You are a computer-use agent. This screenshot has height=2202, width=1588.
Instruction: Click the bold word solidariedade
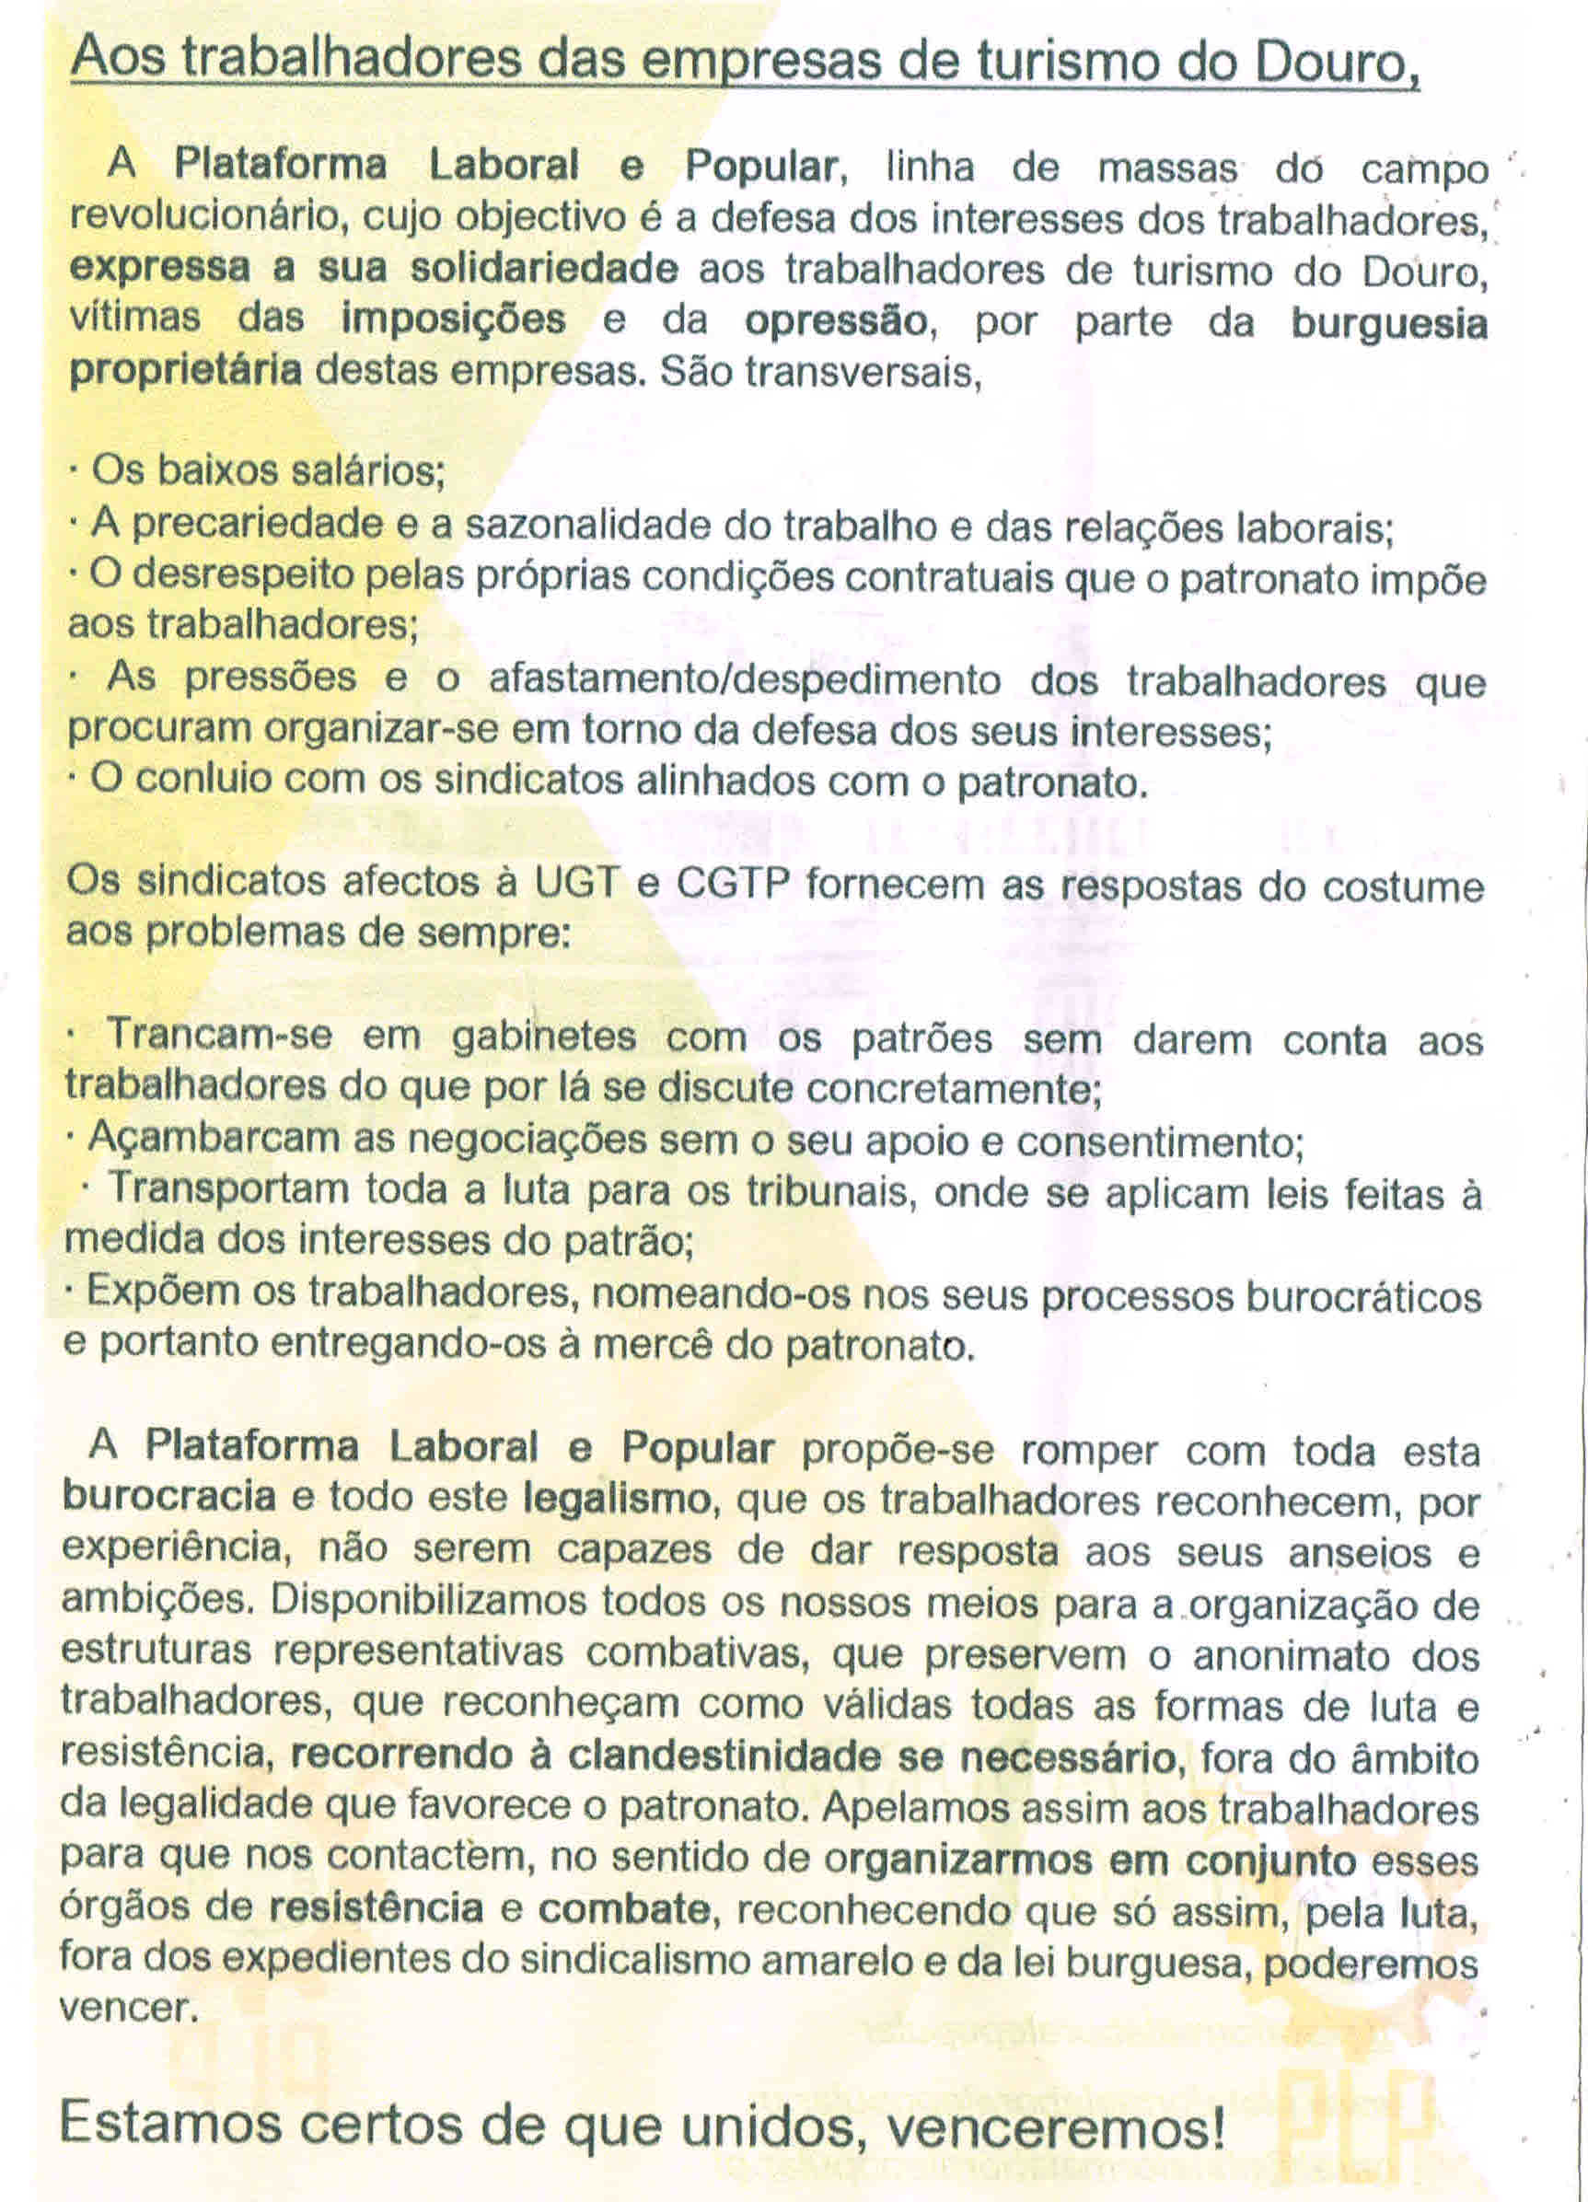[543, 268]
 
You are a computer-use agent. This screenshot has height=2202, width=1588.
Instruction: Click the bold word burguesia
[1388, 322]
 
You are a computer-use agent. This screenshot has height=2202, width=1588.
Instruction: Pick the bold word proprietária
[185, 371]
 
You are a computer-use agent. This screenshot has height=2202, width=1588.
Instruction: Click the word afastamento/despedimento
[745, 678]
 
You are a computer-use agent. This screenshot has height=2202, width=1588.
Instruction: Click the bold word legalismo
[619, 1499]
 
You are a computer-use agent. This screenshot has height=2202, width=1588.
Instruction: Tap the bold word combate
[624, 1908]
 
